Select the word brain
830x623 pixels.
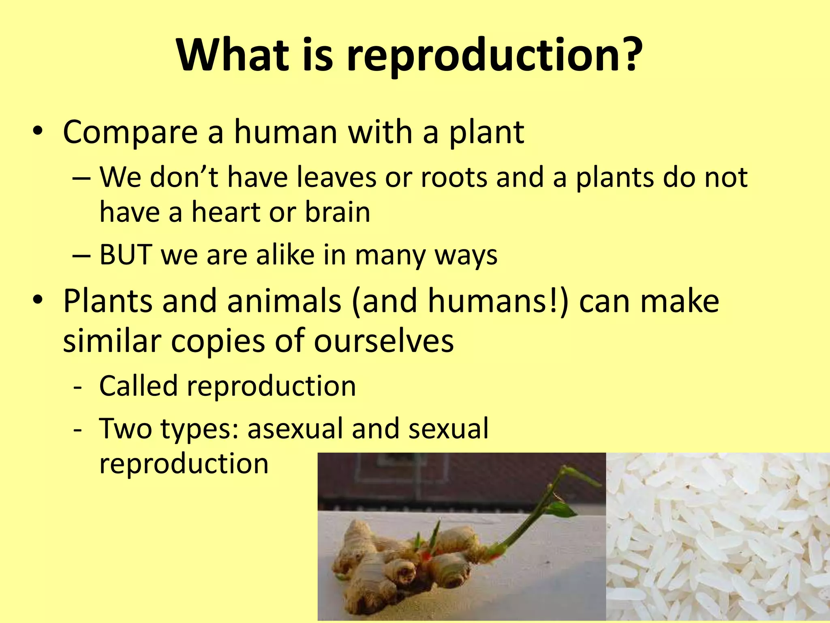[337, 213]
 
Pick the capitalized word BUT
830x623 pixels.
[126, 255]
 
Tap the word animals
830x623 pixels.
[284, 301]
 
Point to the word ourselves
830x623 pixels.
[384, 341]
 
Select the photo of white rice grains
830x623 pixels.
[717, 535]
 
